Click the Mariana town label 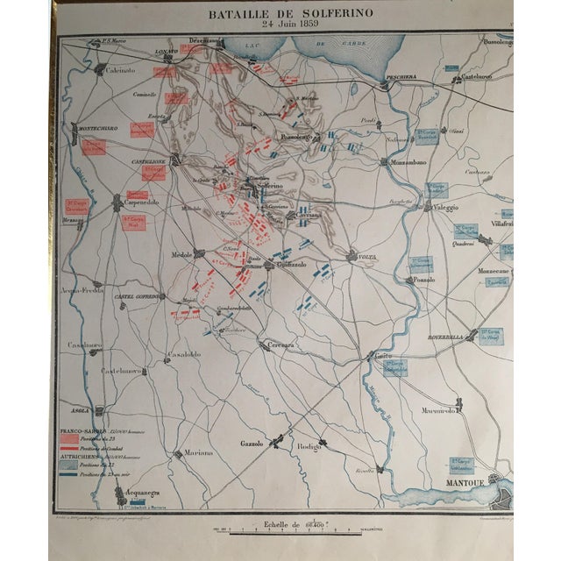[x=200, y=452]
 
